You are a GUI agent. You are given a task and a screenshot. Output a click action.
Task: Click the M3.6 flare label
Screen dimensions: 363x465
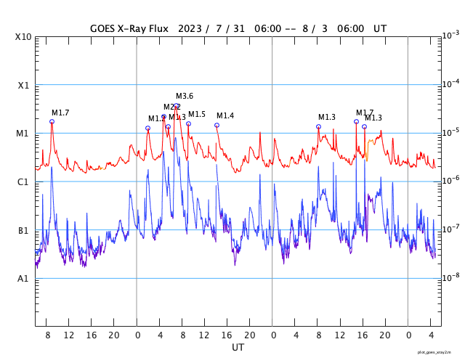(185, 97)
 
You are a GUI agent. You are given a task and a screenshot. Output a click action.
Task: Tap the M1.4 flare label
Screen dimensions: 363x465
(225, 116)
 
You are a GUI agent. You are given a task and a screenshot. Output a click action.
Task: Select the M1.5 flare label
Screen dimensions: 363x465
(197, 115)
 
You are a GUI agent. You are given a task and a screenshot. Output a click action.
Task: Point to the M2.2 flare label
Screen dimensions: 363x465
(171, 107)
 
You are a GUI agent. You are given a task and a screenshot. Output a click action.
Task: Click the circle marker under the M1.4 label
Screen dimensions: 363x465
(217, 126)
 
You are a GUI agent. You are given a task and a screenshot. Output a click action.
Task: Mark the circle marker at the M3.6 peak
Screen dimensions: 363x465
(177, 106)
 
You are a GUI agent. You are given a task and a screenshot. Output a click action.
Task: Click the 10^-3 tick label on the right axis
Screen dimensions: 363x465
(450, 35)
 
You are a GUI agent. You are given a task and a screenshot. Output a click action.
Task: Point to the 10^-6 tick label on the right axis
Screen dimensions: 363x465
(450, 180)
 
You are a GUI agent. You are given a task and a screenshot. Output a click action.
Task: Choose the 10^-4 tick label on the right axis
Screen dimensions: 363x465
(450, 83)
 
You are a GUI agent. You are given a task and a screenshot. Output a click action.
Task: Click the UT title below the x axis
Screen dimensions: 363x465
(238, 348)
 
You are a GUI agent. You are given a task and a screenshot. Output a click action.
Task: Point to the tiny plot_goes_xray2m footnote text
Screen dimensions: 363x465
(440, 352)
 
